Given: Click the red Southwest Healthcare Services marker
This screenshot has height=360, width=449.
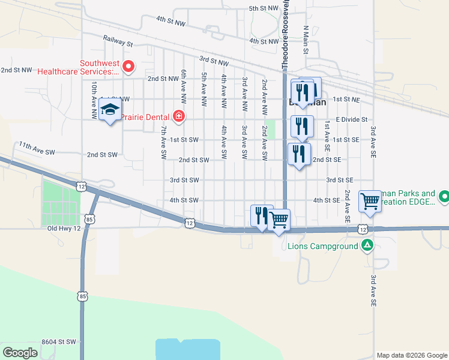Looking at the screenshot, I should (128, 67).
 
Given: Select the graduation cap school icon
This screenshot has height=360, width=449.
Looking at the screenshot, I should (110, 111).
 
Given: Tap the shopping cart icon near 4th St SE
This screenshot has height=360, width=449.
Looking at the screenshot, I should (370, 202).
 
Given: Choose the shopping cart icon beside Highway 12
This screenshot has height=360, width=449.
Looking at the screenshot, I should (279, 220).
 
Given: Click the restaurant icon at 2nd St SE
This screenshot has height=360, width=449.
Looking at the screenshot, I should (299, 155).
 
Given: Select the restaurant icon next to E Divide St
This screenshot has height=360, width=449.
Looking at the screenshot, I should (302, 127).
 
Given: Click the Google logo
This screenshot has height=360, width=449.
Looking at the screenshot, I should (20, 353).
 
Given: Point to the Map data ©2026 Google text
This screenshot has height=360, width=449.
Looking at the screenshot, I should (411, 355).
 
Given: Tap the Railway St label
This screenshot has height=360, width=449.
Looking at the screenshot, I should (118, 43).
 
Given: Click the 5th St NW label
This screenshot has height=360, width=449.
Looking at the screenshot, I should (264, 8).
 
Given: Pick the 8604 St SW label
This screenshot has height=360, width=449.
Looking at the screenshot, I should (59, 341).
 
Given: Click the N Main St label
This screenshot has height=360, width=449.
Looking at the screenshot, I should (306, 40).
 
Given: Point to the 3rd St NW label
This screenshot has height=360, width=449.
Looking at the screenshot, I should (214, 61).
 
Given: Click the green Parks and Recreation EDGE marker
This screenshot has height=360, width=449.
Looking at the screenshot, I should (444, 196).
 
